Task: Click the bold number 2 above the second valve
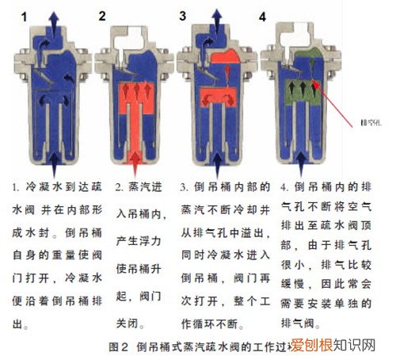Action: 102,15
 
